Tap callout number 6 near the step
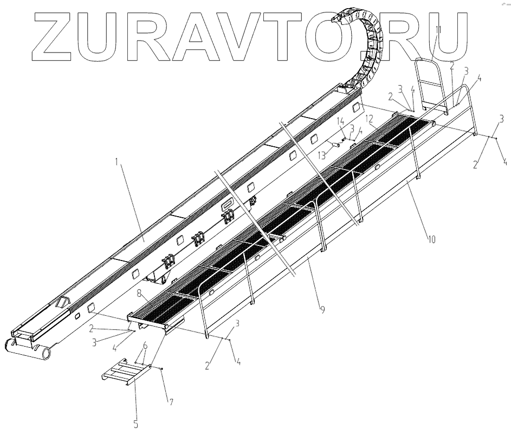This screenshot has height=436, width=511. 145,345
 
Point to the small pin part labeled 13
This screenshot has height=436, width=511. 337,145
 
